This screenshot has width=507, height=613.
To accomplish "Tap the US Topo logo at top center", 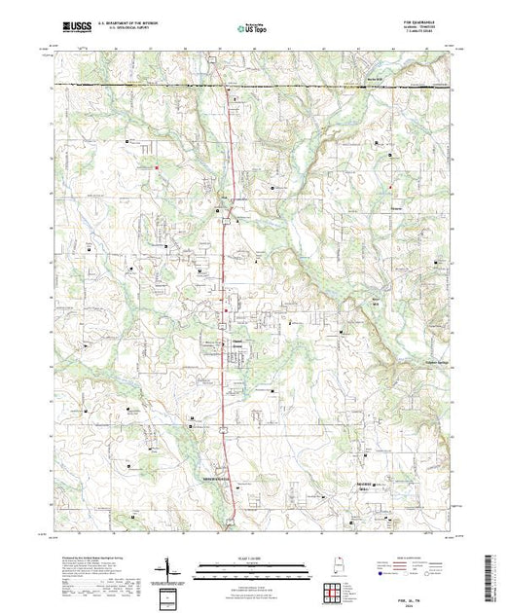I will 253,28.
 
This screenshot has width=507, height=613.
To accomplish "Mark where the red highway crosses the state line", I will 227,87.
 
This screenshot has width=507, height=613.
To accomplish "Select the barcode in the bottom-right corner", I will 489,576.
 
